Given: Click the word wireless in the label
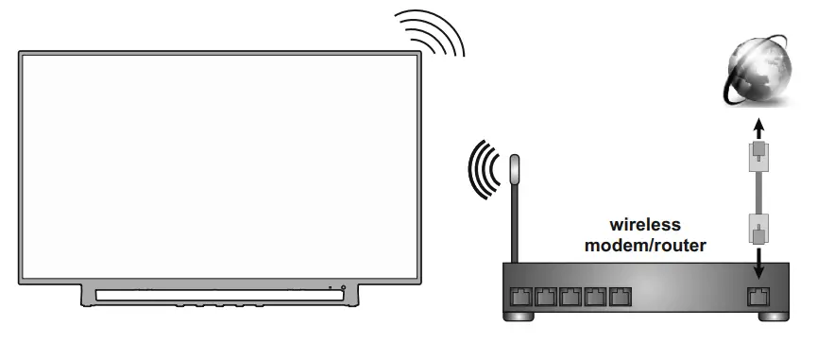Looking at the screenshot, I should coord(645,225).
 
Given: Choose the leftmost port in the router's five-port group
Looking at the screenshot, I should coord(520,295).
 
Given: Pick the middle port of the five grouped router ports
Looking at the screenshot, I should coord(570,295).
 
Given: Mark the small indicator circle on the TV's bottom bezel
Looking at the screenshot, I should coord(343,286).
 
